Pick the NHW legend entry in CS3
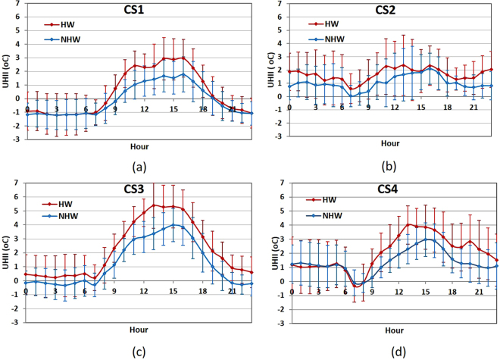pyautogui.click(x=69, y=216)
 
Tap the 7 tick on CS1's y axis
pyautogui.click(x=19, y=5)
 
